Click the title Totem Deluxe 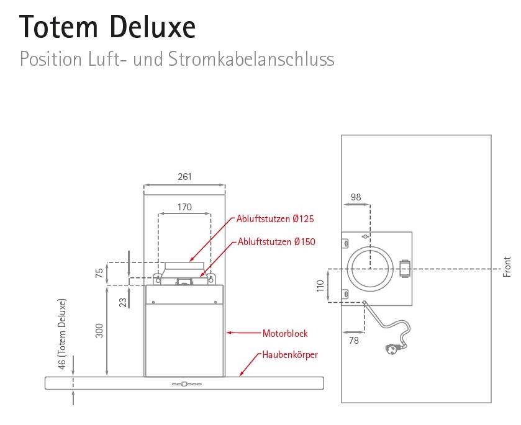(x=107, y=27)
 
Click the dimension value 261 (x=184, y=177)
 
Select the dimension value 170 (x=184, y=207)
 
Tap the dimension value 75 (x=99, y=274)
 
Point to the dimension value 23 (x=123, y=302)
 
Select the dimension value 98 (x=356, y=197)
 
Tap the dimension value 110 (x=320, y=286)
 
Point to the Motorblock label (x=285, y=333)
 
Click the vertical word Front (x=507, y=266)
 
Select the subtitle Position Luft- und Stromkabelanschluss (x=177, y=60)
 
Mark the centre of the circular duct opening (x=370, y=269)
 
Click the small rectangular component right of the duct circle (x=405, y=269)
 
